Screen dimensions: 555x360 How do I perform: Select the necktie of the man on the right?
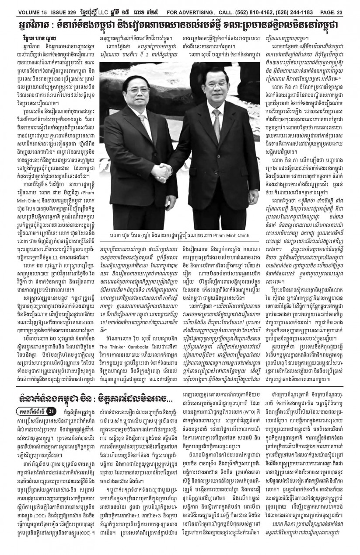(216, 121)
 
